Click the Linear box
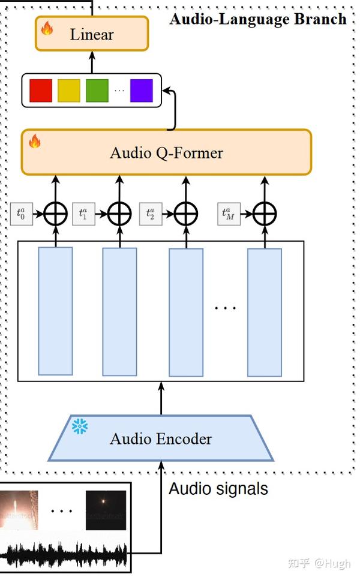[x=92, y=34]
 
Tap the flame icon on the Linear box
[x=46, y=27]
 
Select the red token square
[x=41, y=91]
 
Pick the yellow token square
[x=68, y=91]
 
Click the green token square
[x=97, y=91]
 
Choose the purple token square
[x=142, y=91]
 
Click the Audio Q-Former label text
[x=166, y=153]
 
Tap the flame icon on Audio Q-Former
[x=35, y=142]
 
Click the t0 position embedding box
[x=21, y=214]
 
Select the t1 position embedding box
[x=83, y=214]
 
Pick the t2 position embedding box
[x=150, y=214]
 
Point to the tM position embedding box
[x=229, y=214]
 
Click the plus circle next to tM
[x=265, y=214]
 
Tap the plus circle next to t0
[x=55, y=214]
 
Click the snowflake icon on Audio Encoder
[x=80, y=426]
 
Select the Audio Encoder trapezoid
[x=161, y=438]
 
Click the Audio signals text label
[x=218, y=489]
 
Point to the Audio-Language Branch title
[x=258, y=19]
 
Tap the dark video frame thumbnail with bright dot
[x=106, y=509]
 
